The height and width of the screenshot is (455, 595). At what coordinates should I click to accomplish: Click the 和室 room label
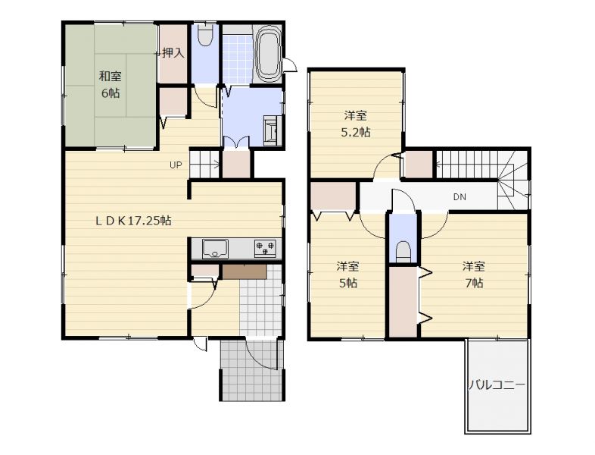[110, 76]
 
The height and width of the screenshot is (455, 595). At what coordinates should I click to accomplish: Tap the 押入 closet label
[173, 53]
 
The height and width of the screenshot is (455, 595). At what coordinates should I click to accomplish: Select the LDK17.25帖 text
[133, 220]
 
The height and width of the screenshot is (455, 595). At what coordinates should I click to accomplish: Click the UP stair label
[176, 165]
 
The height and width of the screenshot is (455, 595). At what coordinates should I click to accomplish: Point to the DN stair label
[459, 197]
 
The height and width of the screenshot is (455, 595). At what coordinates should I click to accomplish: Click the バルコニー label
[497, 385]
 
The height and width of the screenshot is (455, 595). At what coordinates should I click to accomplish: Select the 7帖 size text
[474, 283]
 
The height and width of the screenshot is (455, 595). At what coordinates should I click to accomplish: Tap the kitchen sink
[215, 249]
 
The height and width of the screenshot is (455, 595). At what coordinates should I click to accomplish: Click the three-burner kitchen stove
[265, 248]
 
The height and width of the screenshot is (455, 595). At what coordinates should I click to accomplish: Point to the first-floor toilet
[205, 36]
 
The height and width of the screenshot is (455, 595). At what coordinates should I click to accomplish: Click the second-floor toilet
[403, 252]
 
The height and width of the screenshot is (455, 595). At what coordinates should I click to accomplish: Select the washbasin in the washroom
[271, 129]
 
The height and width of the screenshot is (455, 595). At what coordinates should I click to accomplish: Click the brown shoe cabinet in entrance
[245, 271]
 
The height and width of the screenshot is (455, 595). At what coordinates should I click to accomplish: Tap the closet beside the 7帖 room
[403, 302]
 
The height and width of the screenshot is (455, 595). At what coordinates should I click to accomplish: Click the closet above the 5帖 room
[333, 196]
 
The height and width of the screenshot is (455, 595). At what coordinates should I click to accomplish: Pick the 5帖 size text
[347, 283]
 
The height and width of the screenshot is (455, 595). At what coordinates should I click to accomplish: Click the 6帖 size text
[111, 93]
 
